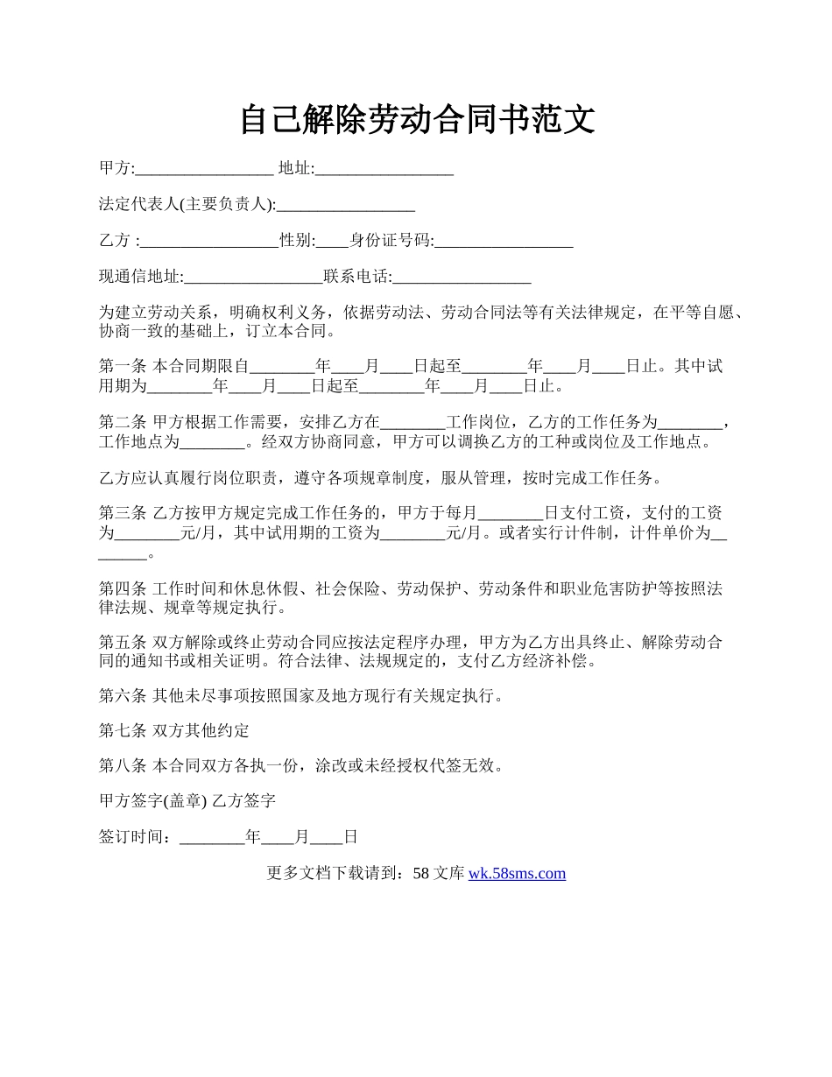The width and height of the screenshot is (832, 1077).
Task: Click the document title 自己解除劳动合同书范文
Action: [x=417, y=120]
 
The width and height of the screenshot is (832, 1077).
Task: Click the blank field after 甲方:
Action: [x=204, y=169]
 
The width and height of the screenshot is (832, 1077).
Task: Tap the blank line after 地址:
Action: [x=384, y=169]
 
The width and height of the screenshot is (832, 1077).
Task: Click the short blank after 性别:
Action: [x=333, y=242]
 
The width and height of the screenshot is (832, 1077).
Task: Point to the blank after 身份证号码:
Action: [x=504, y=242]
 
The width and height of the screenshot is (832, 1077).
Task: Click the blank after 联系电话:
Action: [x=462, y=278]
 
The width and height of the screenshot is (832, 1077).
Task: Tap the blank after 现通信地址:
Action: [x=254, y=278]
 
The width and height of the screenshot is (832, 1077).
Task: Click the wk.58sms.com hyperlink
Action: [x=517, y=873]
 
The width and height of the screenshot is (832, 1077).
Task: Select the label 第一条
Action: [x=123, y=367]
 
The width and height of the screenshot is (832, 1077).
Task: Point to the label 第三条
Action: [x=123, y=513]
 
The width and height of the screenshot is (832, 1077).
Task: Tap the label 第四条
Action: [x=123, y=588]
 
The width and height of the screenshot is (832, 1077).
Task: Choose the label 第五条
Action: [x=123, y=643]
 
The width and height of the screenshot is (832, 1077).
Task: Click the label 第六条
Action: [x=123, y=697]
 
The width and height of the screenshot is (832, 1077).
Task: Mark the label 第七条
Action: [x=123, y=731]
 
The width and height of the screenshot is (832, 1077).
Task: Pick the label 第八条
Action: [x=123, y=766]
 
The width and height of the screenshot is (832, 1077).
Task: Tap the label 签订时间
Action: [x=133, y=837]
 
